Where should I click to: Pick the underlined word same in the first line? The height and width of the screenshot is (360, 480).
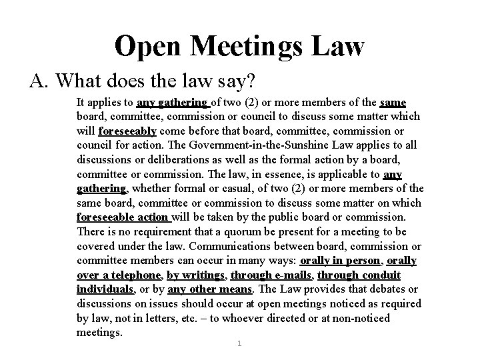point(393,102)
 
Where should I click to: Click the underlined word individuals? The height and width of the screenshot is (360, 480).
point(105,289)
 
